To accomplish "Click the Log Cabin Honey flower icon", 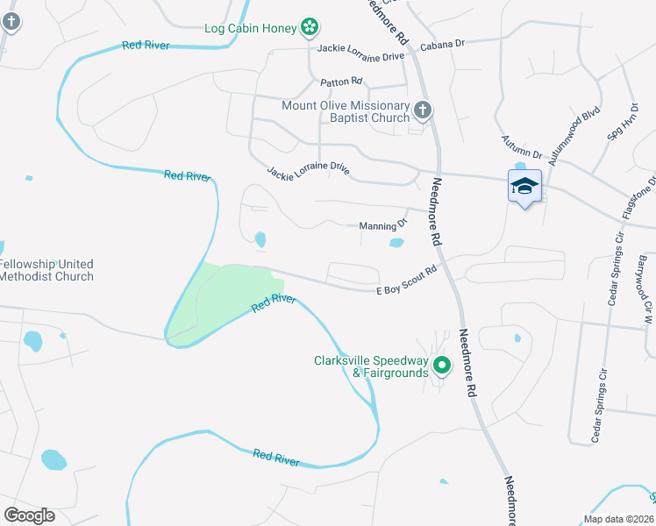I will click(309, 28).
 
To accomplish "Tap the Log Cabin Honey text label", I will click(251, 28).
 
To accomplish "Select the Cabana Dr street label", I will click(442, 43).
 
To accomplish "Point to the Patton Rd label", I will click(341, 82).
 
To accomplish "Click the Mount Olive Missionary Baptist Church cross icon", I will click(423, 110).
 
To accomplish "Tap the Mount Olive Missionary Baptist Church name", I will click(345, 111).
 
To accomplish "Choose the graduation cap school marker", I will click(524, 187).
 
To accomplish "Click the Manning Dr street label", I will click(383, 226).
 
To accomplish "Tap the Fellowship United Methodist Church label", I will click(46, 270).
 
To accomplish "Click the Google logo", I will click(29, 515).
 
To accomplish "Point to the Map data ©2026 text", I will click(618, 519).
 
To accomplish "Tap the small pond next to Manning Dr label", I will click(397, 243).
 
